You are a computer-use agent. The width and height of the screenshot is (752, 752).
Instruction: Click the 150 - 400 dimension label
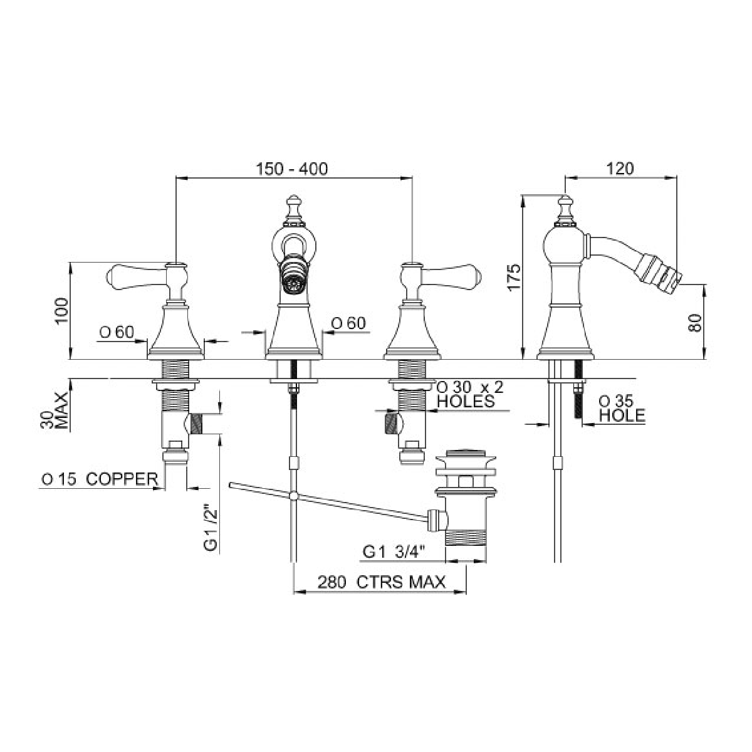click(292, 169)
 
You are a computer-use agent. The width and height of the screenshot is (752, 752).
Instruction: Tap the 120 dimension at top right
click(620, 169)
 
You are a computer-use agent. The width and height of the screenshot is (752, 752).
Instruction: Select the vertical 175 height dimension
click(514, 278)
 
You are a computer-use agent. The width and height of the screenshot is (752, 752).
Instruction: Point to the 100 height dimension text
click(61, 311)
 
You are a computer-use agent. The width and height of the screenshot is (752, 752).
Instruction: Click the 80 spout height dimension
click(694, 323)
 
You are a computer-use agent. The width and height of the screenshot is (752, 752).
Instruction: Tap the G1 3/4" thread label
click(394, 552)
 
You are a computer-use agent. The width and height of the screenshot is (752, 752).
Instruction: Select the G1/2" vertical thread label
click(210, 528)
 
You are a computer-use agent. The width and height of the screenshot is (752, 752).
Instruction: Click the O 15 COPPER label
click(100, 479)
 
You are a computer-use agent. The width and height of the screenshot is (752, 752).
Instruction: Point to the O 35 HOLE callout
click(622, 408)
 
